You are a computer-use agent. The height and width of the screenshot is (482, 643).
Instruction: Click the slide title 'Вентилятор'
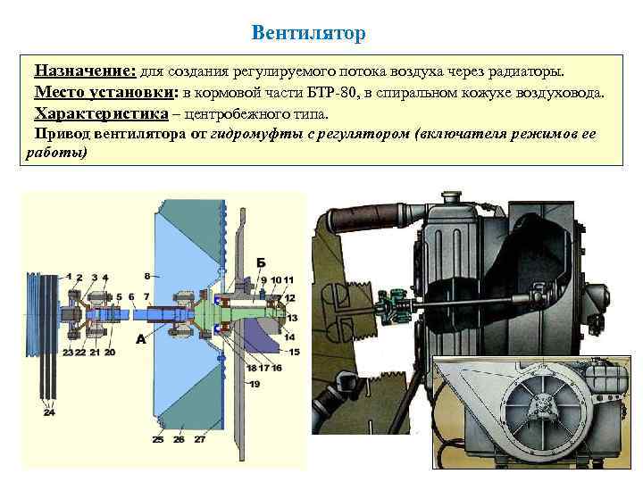point(308,33)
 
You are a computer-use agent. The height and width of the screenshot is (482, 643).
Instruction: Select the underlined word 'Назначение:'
point(85,71)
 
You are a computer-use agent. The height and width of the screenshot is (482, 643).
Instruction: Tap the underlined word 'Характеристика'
point(101,113)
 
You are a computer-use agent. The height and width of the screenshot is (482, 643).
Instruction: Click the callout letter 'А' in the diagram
point(140,339)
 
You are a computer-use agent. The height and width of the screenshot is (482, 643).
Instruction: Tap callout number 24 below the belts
point(48,412)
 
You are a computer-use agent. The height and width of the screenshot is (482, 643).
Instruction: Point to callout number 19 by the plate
point(255,384)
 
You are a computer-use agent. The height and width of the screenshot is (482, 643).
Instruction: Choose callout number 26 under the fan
point(179,439)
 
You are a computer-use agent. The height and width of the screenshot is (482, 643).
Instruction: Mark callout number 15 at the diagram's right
point(294,352)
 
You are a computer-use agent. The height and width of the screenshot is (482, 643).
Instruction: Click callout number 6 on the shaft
point(131,296)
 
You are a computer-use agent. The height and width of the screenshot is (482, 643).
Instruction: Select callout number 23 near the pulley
point(68,352)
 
